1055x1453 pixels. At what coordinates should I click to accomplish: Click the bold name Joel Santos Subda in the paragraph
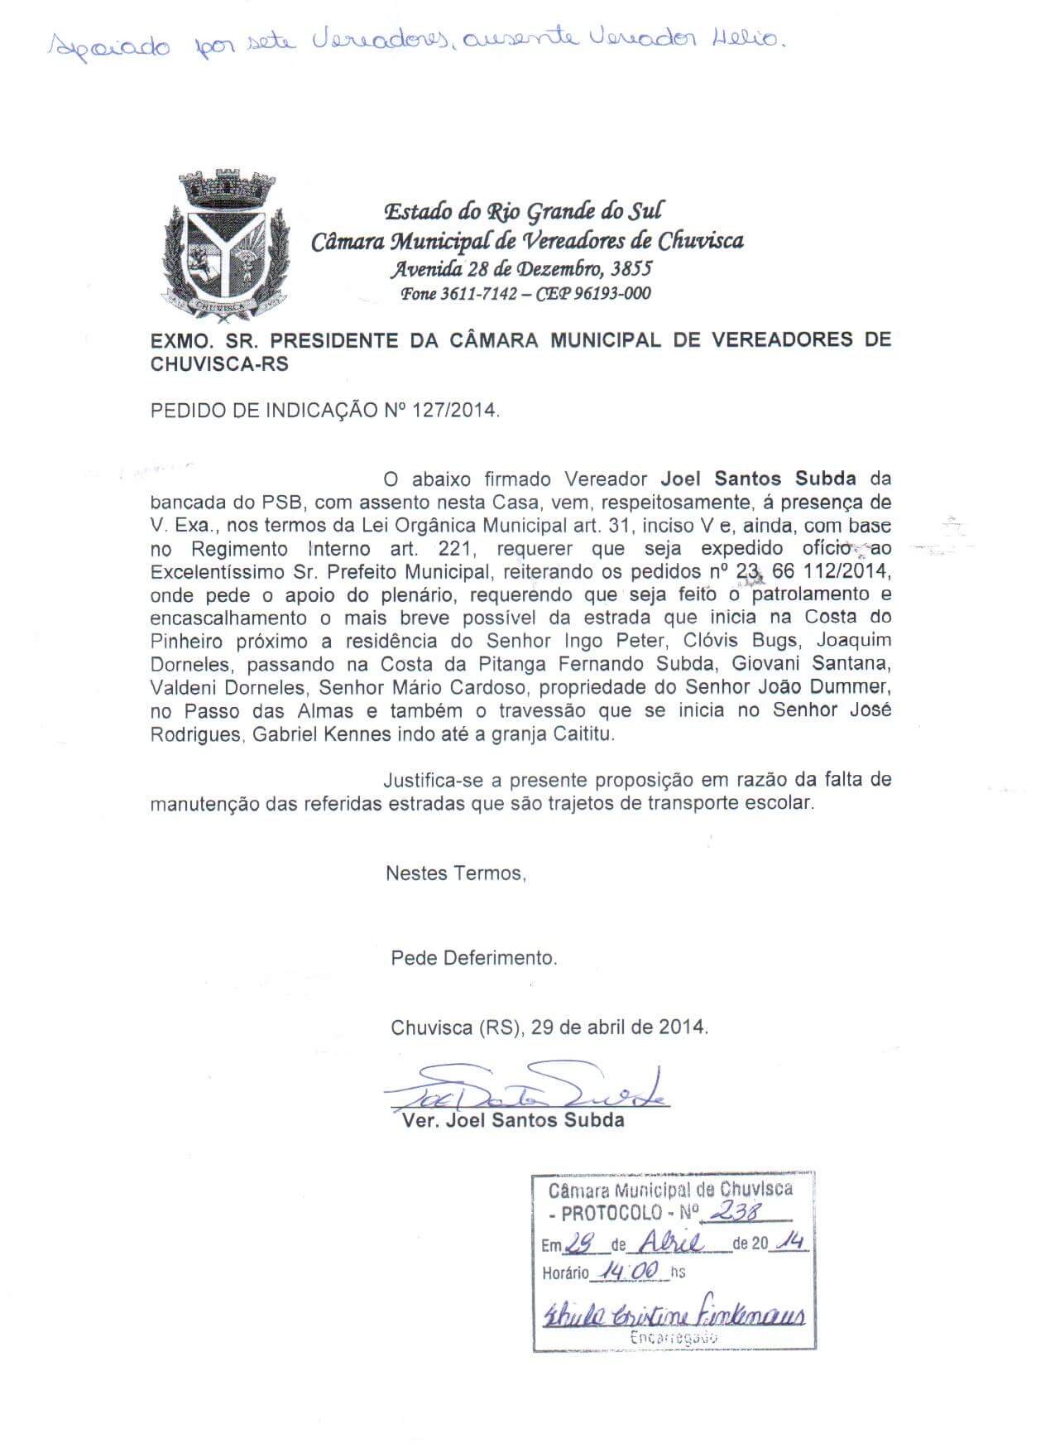[758, 479]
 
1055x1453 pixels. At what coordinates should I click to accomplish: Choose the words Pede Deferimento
[473, 958]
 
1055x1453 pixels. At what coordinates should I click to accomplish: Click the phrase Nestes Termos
[455, 873]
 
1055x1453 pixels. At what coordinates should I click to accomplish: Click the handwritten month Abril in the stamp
[673, 1242]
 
